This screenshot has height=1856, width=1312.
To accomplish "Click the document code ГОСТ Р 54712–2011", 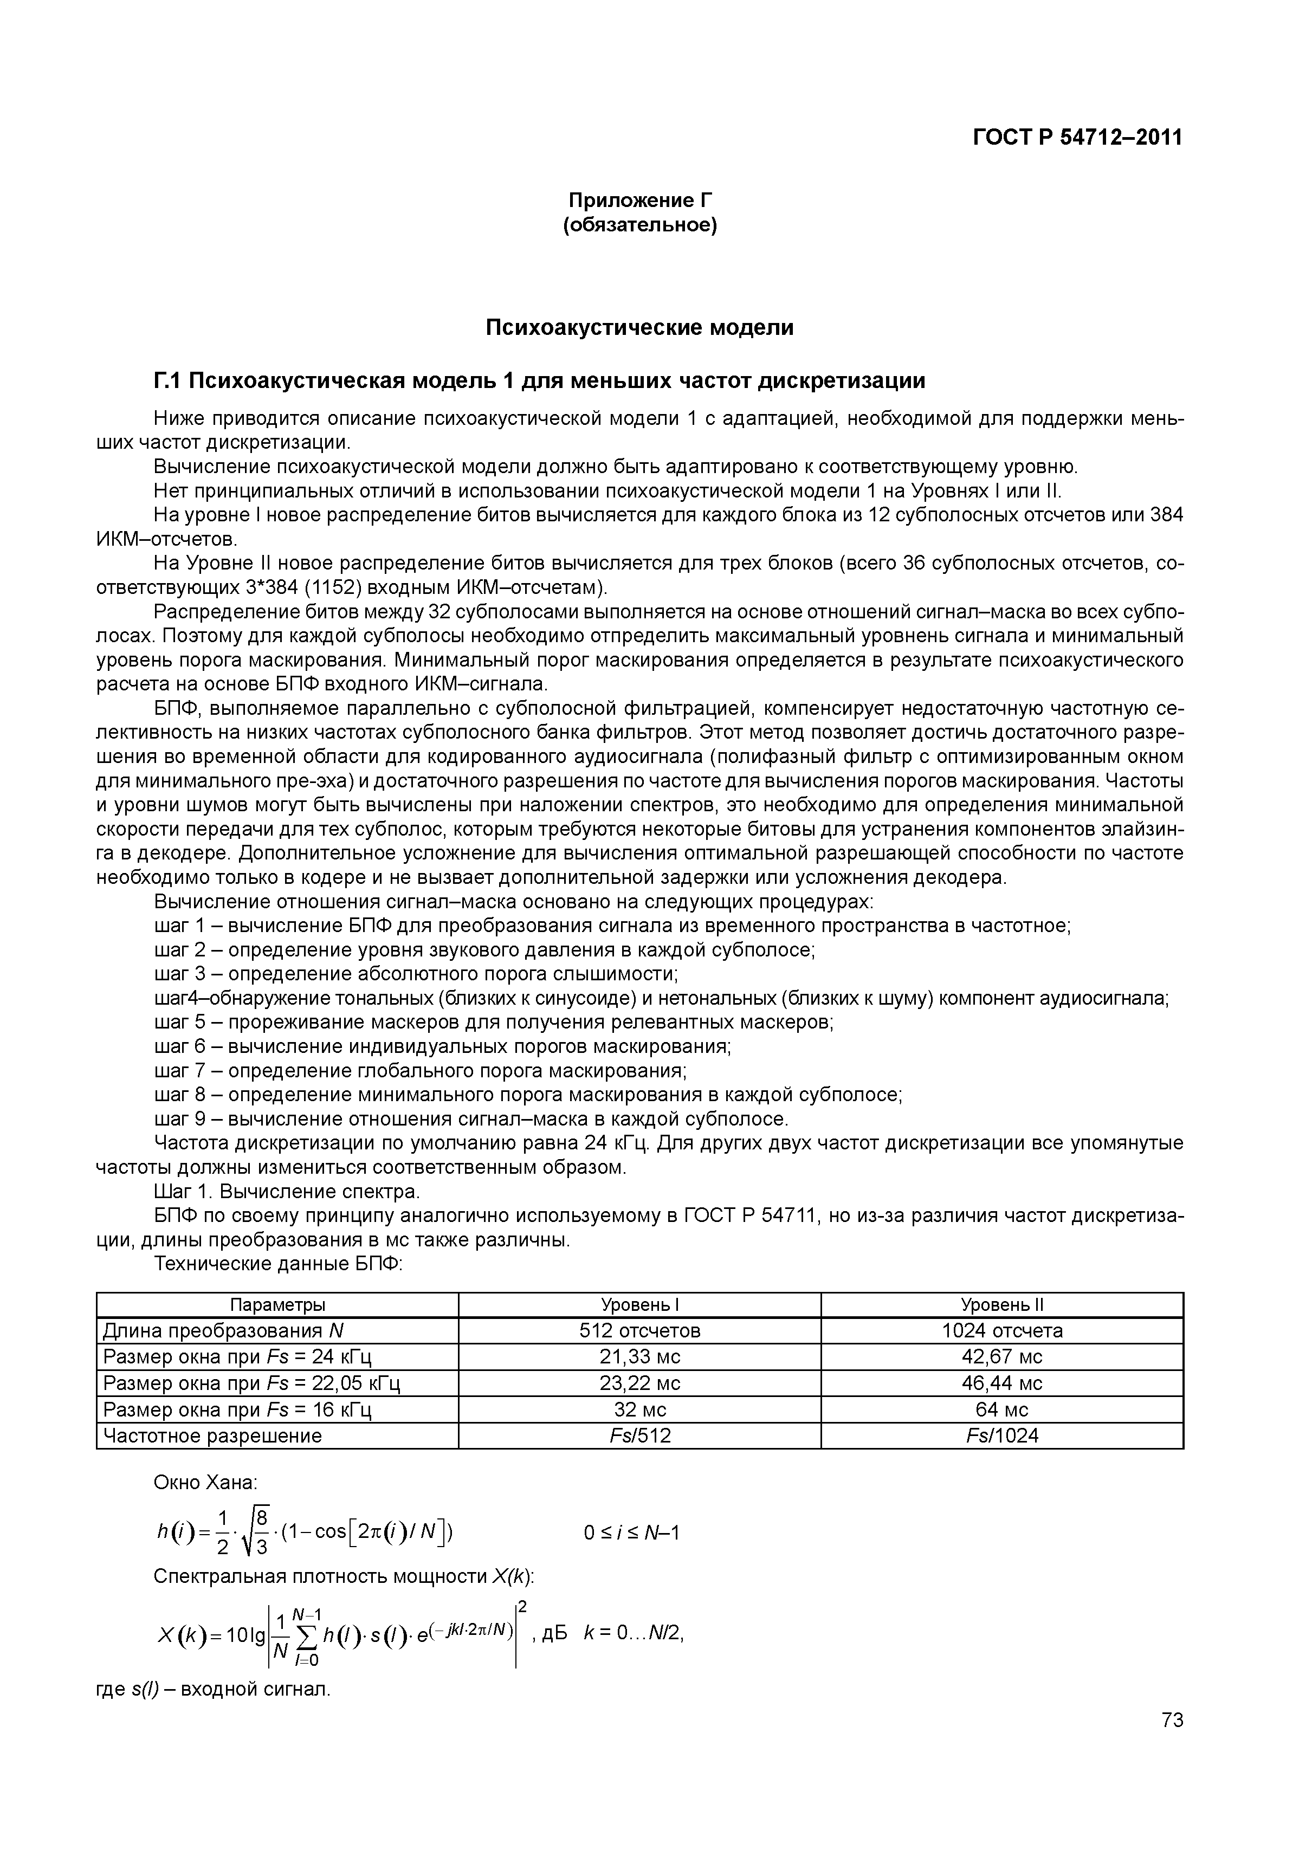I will pos(1077,138).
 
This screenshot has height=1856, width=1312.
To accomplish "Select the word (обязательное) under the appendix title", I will pos(639,225).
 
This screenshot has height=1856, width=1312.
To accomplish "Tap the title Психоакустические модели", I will pos(639,327).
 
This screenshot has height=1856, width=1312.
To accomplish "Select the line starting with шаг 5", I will pos(493,1023).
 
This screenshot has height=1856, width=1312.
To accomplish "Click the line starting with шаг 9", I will pos(470,1119).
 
